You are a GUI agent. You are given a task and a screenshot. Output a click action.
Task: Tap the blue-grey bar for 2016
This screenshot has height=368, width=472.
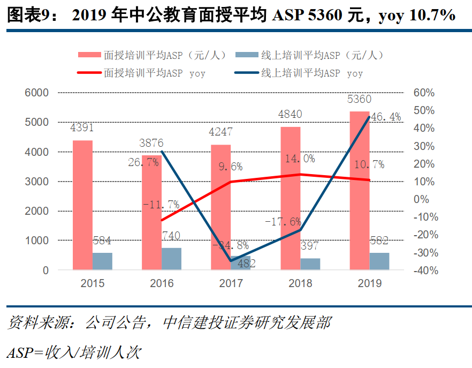pyautogui.click(x=171, y=259)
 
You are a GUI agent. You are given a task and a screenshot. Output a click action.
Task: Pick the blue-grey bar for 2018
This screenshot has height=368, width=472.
pyautogui.click(x=310, y=264)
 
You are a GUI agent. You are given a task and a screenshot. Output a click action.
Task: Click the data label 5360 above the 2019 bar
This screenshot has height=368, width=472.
pyautogui.click(x=359, y=100)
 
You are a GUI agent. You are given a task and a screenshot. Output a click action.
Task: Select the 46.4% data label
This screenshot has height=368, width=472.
pyautogui.click(x=386, y=117)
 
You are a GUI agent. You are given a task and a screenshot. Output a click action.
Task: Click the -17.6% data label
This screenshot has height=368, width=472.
pyautogui.click(x=283, y=221)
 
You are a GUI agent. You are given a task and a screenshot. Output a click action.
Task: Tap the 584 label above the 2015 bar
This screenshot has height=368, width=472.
pyautogui.click(x=102, y=240)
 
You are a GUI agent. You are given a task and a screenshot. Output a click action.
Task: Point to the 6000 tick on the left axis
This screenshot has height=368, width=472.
pyautogui.click(x=37, y=93)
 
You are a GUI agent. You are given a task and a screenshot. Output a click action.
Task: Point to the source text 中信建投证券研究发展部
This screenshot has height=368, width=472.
pyautogui.click(x=247, y=323)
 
